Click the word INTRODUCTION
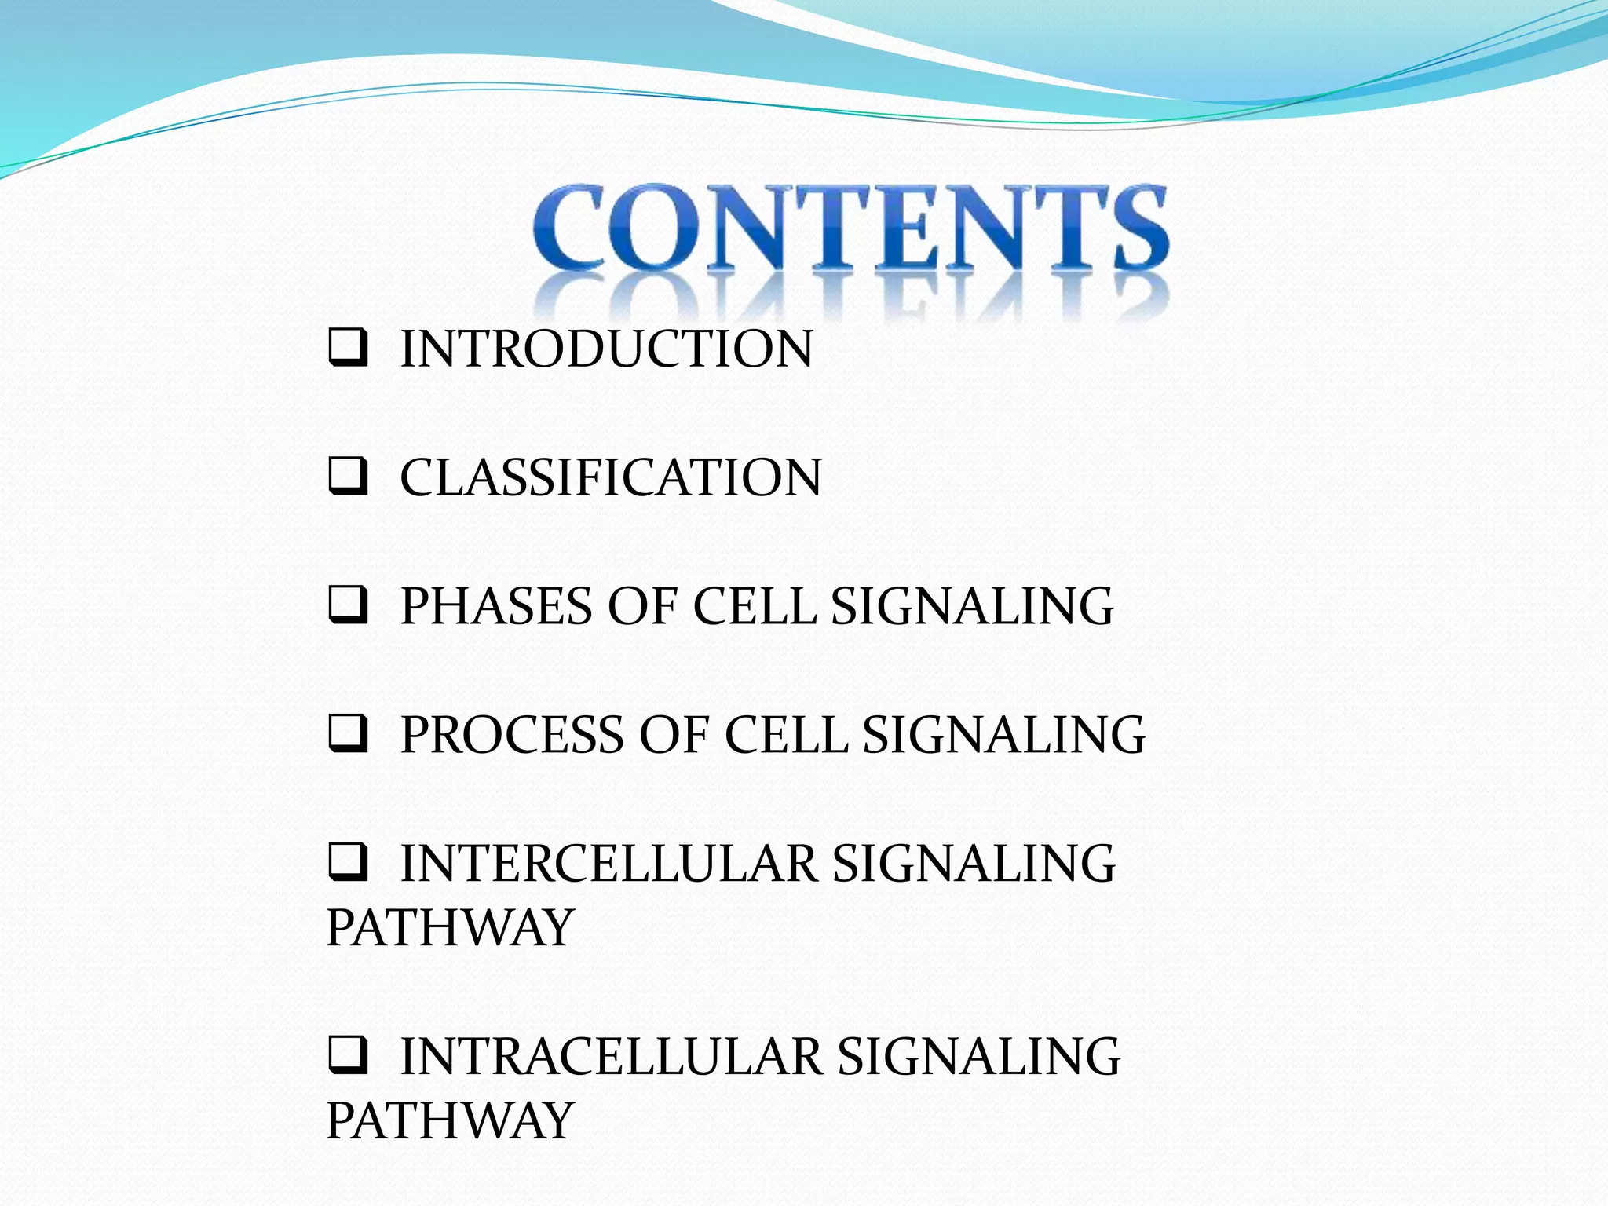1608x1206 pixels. tap(606, 349)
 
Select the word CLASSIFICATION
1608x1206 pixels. tap(610, 477)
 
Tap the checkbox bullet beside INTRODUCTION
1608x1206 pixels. tap(347, 348)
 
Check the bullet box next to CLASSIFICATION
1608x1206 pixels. tap(347, 477)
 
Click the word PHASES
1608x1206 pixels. tap(496, 606)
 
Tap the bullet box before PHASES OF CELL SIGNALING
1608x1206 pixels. tap(347, 605)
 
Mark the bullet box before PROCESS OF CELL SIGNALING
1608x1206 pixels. tap(347, 734)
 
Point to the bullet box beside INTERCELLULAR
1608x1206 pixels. tap(347, 863)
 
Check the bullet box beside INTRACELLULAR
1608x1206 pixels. tap(347, 1055)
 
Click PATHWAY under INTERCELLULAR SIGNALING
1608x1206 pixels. tap(449, 928)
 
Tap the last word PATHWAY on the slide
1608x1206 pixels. tap(449, 1120)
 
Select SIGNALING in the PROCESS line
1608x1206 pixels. tap(1003, 735)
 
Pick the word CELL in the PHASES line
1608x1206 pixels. tap(754, 606)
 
